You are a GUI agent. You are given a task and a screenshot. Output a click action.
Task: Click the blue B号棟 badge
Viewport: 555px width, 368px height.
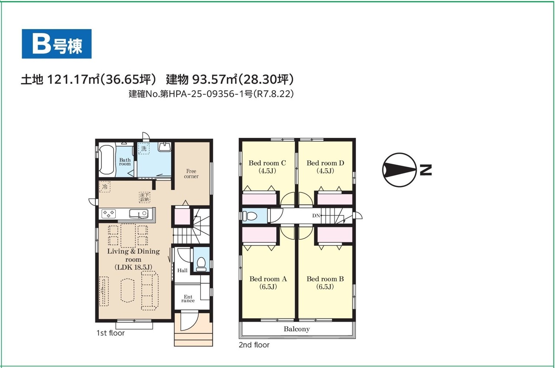click(x=56, y=44)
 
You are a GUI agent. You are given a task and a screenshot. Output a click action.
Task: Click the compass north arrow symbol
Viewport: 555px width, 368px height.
click(x=399, y=170)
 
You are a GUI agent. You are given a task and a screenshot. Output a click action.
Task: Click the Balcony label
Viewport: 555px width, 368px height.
click(x=297, y=329)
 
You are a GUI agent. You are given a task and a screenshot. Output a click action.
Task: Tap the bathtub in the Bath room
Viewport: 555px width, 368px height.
click(x=107, y=161)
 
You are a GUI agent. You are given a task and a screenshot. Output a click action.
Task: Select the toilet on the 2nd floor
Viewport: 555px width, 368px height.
click(x=250, y=216)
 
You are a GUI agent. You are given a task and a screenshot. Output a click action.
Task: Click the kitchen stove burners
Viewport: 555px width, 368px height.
click(x=108, y=214)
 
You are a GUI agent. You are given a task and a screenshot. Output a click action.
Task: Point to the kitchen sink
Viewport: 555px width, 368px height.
click(x=139, y=214)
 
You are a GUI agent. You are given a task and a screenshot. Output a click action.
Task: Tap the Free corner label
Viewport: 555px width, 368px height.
click(x=191, y=174)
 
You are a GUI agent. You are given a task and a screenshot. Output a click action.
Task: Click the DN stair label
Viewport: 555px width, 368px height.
click(x=316, y=216)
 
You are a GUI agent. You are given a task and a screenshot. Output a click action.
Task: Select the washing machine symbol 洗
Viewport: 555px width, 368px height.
click(x=144, y=149)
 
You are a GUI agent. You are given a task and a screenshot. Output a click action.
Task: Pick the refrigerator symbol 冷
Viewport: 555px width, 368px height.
click(x=105, y=187)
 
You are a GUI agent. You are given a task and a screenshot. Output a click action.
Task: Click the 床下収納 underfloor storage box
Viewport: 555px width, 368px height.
click(x=144, y=197)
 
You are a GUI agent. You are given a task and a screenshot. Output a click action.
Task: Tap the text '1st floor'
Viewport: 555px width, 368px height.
click(x=111, y=333)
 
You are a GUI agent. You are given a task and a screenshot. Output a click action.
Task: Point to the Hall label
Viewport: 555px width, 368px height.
click(x=183, y=270)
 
